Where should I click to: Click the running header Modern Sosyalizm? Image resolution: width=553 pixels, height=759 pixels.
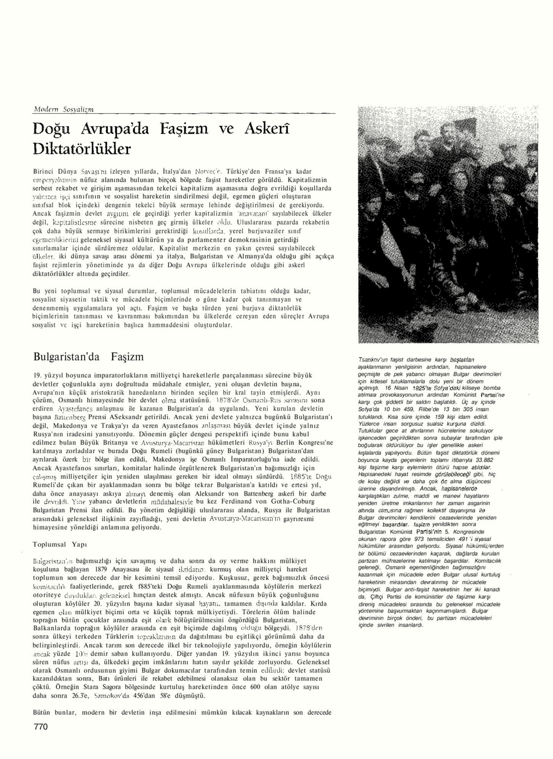tap(63, 110)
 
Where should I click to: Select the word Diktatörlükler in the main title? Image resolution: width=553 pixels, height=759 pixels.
tap(82, 149)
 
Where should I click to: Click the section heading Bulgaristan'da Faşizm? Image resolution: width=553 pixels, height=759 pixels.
tap(88, 356)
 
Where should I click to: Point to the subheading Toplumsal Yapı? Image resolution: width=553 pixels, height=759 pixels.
tap(60, 544)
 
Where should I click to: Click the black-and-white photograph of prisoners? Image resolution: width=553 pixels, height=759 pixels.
tap(448, 225)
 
